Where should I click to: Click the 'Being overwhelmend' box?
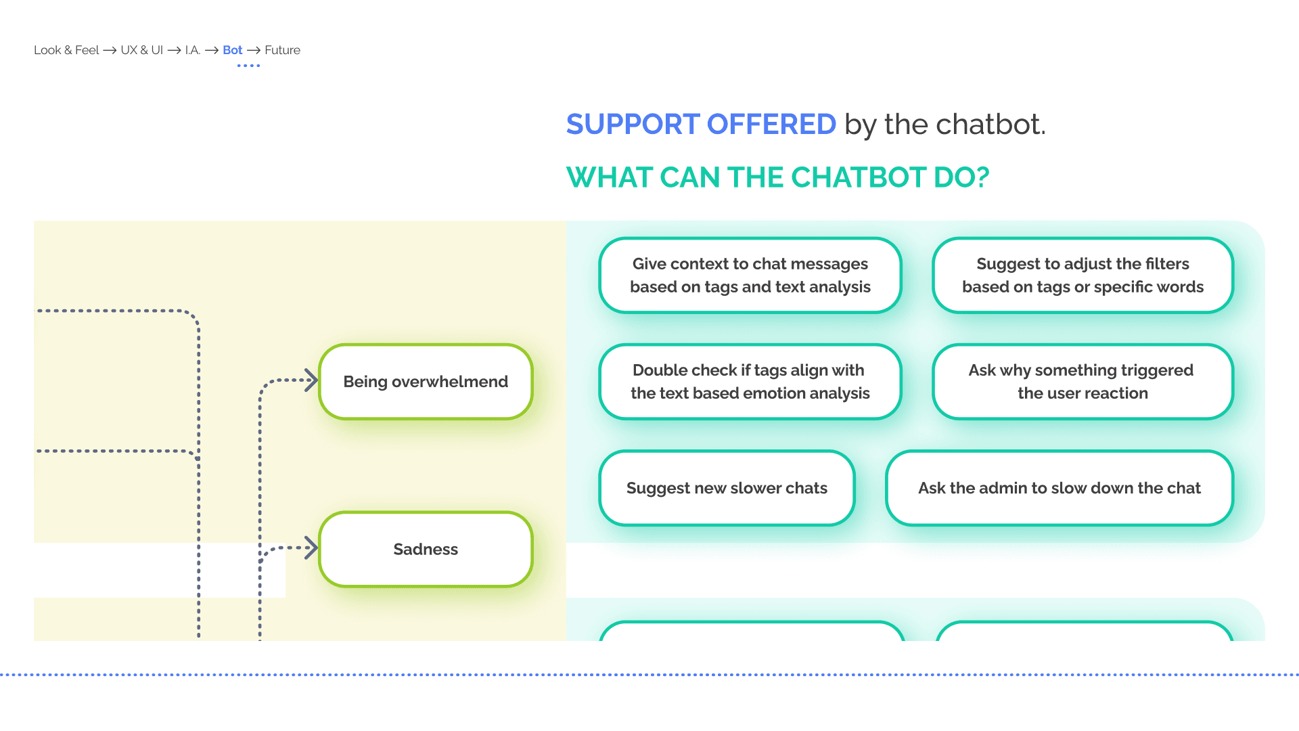pyautogui.click(x=426, y=382)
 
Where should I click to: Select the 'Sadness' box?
pyautogui.click(x=426, y=549)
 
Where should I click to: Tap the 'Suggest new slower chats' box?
pyautogui.click(x=727, y=488)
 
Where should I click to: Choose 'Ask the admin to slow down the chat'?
pyautogui.click(x=1059, y=488)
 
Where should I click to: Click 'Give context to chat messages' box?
pyautogui.click(x=750, y=275)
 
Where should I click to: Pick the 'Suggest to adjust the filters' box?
pyautogui.click(x=1082, y=275)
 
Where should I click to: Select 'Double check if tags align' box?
pyautogui.click(x=750, y=382)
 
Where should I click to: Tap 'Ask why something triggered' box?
pyautogui.click(x=1082, y=382)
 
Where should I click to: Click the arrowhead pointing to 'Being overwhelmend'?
pyautogui.click(x=312, y=380)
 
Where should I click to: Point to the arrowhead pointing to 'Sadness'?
pyautogui.click(x=312, y=548)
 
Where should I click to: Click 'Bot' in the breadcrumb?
pyautogui.click(x=232, y=50)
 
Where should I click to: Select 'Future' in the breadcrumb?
pyautogui.click(x=282, y=50)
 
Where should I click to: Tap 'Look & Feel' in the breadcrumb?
pyautogui.click(x=66, y=50)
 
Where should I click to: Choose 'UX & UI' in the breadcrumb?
pyautogui.click(x=141, y=50)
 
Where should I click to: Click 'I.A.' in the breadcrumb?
pyautogui.click(x=193, y=50)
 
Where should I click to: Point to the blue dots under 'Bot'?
pyautogui.click(x=248, y=66)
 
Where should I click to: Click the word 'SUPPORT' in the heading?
pyautogui.click(x=633, y=125)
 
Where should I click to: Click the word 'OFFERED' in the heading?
pyautogui.click(x=771, y=125)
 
